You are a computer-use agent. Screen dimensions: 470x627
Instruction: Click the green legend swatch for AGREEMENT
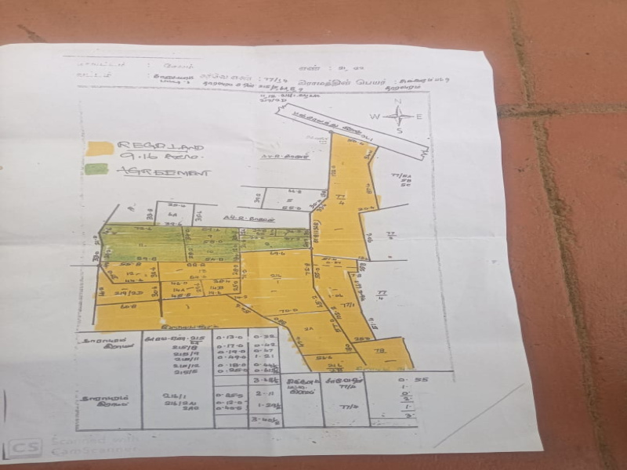(97, 168)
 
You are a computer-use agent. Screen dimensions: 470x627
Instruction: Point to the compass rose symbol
(399, 117)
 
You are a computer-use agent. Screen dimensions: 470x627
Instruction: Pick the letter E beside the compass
(419, 117)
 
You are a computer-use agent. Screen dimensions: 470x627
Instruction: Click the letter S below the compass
(399, 132)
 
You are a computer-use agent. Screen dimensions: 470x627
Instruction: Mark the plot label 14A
(177, 290)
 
